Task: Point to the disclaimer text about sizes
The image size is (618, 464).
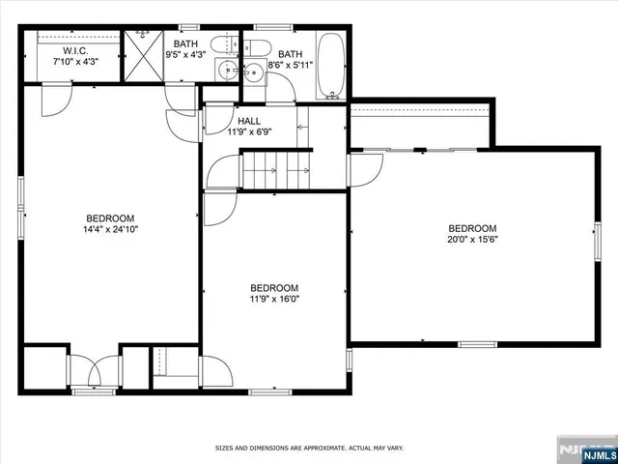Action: pyautogui.click(x=309, y=449)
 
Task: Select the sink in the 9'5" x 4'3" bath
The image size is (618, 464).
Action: pyautogui.click(x=226, y=70)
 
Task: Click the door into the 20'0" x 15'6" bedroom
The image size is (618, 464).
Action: pyautogui.click(x=364, y=168)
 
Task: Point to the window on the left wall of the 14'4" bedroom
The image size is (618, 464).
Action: pyautogui.click(x=20, y=208)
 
